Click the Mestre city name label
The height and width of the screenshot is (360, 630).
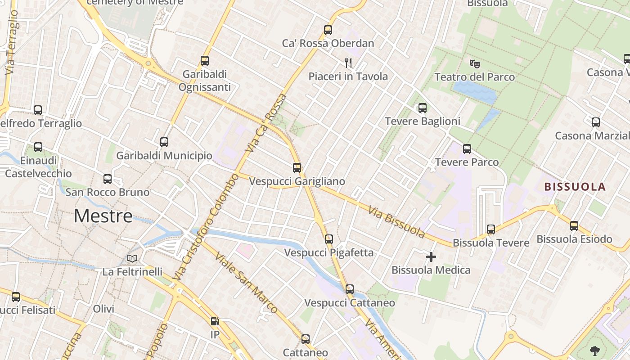click(103, 216)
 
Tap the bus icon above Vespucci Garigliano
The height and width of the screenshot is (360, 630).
click(297, 168)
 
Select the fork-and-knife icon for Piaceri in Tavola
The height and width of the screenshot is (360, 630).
click(348, 63)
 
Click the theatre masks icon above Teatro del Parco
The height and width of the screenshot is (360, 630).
click(474, 63)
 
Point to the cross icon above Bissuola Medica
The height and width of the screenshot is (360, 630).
click(431, 257)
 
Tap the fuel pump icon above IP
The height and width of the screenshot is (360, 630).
click(215, 321)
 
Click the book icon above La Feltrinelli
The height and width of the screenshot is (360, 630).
click(132, 258)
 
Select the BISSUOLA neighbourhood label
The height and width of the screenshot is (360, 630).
click(575, 187)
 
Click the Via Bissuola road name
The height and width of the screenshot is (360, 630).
click(396, 222)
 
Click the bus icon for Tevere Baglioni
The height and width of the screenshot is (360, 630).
click(422, 108)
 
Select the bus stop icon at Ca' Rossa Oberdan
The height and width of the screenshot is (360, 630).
click(328, 30)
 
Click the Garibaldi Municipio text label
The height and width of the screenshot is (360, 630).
click(164, 156)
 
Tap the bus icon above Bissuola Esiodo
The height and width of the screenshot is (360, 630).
click(574, 226)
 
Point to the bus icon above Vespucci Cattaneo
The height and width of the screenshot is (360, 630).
click(350, 289)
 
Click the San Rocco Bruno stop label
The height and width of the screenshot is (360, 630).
click(108, 192)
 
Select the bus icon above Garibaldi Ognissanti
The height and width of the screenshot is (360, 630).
click(205, 61)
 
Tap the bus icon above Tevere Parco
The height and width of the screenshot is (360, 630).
click(467, 149)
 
